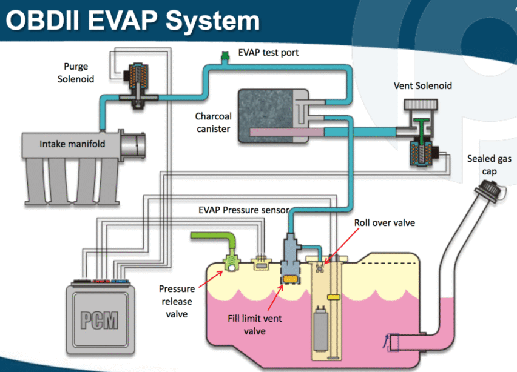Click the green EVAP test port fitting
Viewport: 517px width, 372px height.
pyautogui.click(x=225, y=56)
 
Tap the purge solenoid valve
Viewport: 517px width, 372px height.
pyautogui.click(x=138, y=85)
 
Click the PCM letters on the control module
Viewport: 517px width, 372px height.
pyautogui.click(x=100, y=320)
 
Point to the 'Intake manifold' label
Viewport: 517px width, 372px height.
pyautogui.click(x=72, y=144)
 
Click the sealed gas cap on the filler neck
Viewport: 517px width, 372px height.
pyautogui.click(x=490, y=191)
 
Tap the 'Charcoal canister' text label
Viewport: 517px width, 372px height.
pyautogui.click(x=214, y=122)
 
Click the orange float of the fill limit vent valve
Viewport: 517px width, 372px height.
pyautogui.click(x=291, y=279)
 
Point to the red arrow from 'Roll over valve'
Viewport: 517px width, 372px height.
pyautogui.click(x=342, y=245)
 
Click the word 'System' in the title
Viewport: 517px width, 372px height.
pyautogui.click(x=212, y=21)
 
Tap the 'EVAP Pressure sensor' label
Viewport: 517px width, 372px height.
pyautogui.click(x=244, y=210)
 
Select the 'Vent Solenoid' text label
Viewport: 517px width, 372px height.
pyautogui.click(x=423, y=86)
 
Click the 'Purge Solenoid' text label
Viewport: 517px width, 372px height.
pyautogui.click(x=76, y=73)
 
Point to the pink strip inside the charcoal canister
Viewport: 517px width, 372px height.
pyautogui.click(x=287, y=132)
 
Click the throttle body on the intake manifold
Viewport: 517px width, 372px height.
pyautogui.click(x=132, y=145)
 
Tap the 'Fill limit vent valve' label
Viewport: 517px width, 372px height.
pyautogui.click(x=255, y=325)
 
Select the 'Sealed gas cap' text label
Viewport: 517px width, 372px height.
pyautogui.click(x=489, y=165)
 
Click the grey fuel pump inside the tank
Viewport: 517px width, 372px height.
pyautogui.click(x=320, y=328)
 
